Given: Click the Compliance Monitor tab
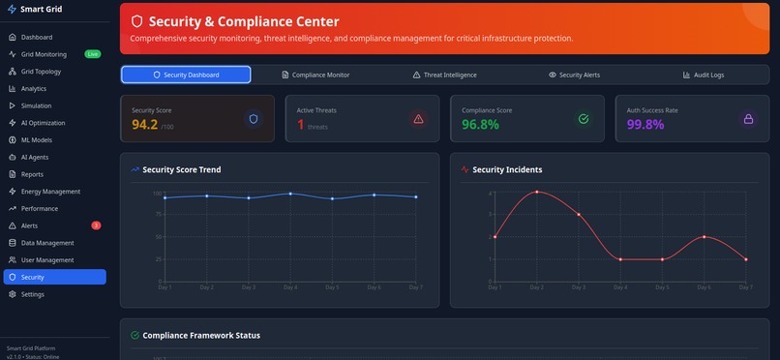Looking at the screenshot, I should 315,75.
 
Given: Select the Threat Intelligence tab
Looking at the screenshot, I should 444,75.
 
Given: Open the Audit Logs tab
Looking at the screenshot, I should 703,75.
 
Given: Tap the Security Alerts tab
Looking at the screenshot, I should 574,75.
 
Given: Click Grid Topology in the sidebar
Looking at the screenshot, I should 41,72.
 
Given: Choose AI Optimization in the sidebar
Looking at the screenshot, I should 43,123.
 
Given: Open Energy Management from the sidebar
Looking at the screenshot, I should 50,192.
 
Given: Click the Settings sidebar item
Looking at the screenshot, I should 32,294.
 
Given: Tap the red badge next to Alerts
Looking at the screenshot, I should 96,225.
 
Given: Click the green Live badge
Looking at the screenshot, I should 92,54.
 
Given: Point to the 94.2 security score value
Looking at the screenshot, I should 144,125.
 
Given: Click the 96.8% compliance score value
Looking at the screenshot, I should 480,125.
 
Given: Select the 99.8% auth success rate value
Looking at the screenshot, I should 645,125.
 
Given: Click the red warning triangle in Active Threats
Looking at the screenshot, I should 418,119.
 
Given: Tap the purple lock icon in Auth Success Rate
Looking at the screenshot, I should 747,119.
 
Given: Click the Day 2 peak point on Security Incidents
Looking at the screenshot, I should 536,192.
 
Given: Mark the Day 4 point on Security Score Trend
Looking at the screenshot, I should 290,194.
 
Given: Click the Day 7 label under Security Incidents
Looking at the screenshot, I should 745,287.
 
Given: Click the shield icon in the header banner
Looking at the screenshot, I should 137,21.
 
